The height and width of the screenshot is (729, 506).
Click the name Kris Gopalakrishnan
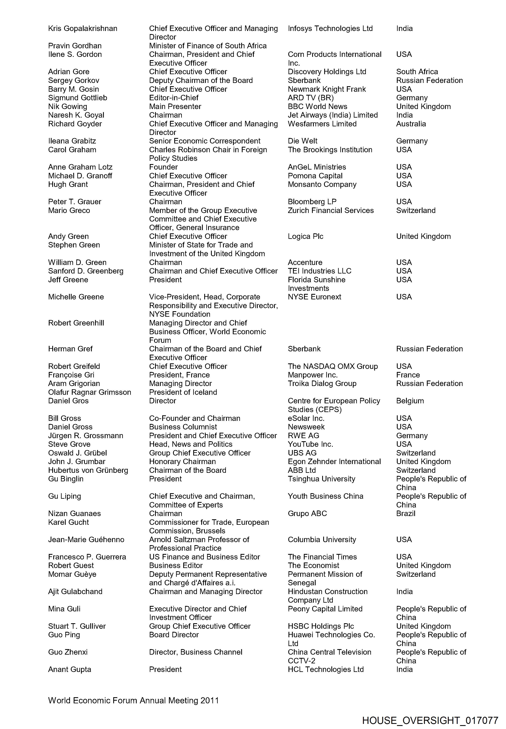point(82,29)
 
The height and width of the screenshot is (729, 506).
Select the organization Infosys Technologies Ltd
point(330,29)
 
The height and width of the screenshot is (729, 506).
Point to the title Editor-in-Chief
point(174,98)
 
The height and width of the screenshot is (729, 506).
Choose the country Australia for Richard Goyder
point(411,124)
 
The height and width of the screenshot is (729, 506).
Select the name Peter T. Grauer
point(74,202)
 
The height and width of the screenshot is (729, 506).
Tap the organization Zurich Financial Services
point(331,210)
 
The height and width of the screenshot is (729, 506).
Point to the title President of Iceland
point(183,392)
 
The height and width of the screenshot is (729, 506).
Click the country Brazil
point(405,513)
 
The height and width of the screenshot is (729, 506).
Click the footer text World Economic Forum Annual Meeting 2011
point(133,700)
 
